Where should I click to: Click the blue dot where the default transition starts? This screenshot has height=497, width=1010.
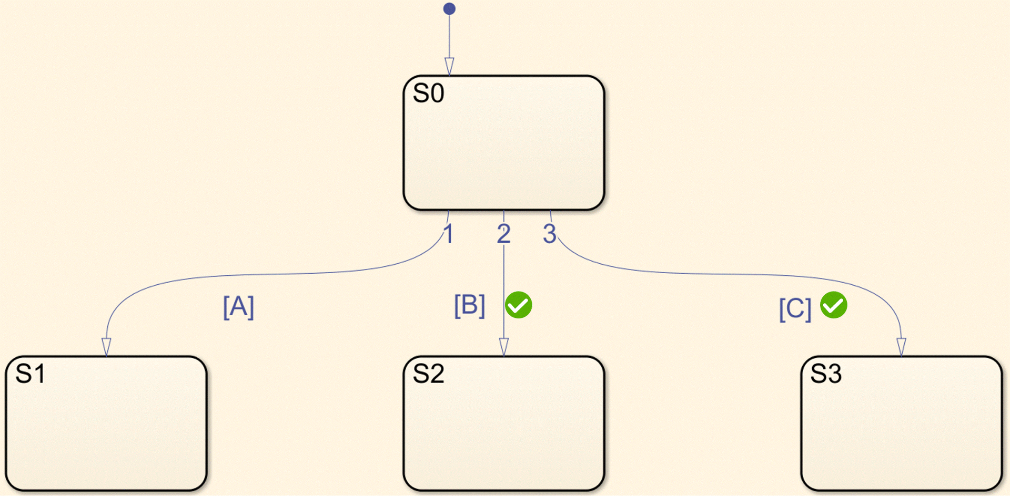coord(449,9)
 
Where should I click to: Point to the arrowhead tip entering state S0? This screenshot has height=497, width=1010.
coord(449,75)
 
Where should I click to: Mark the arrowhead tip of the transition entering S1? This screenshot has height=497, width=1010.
coord(106,356)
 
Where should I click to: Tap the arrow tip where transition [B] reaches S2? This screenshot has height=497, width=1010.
coord(504,356)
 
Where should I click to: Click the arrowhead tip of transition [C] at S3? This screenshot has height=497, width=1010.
coord(901,356)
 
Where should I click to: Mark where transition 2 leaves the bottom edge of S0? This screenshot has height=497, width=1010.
coord(504,211)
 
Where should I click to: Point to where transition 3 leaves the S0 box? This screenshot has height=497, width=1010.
coord(550,211)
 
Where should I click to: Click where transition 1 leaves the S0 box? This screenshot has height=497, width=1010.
coord(449,211)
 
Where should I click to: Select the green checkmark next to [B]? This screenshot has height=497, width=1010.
coord(519,305)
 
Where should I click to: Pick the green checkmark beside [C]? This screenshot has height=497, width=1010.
coord(834,305)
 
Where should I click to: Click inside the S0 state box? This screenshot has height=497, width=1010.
coord(504,143)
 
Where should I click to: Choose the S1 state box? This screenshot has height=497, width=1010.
coord(106,423)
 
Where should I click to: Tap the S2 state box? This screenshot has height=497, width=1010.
coord(504,423)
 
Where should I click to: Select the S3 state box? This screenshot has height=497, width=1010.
coord(901,423)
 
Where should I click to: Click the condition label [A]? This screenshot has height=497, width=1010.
coord(238,307)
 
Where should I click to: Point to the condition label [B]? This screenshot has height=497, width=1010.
coord(469,306)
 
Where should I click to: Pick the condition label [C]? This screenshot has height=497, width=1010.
coord(795,309)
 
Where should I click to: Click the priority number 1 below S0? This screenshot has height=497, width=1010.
coord(448,234)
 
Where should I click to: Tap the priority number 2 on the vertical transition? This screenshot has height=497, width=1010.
coord(503,234)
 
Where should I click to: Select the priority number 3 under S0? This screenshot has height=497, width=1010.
coord(550,234)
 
